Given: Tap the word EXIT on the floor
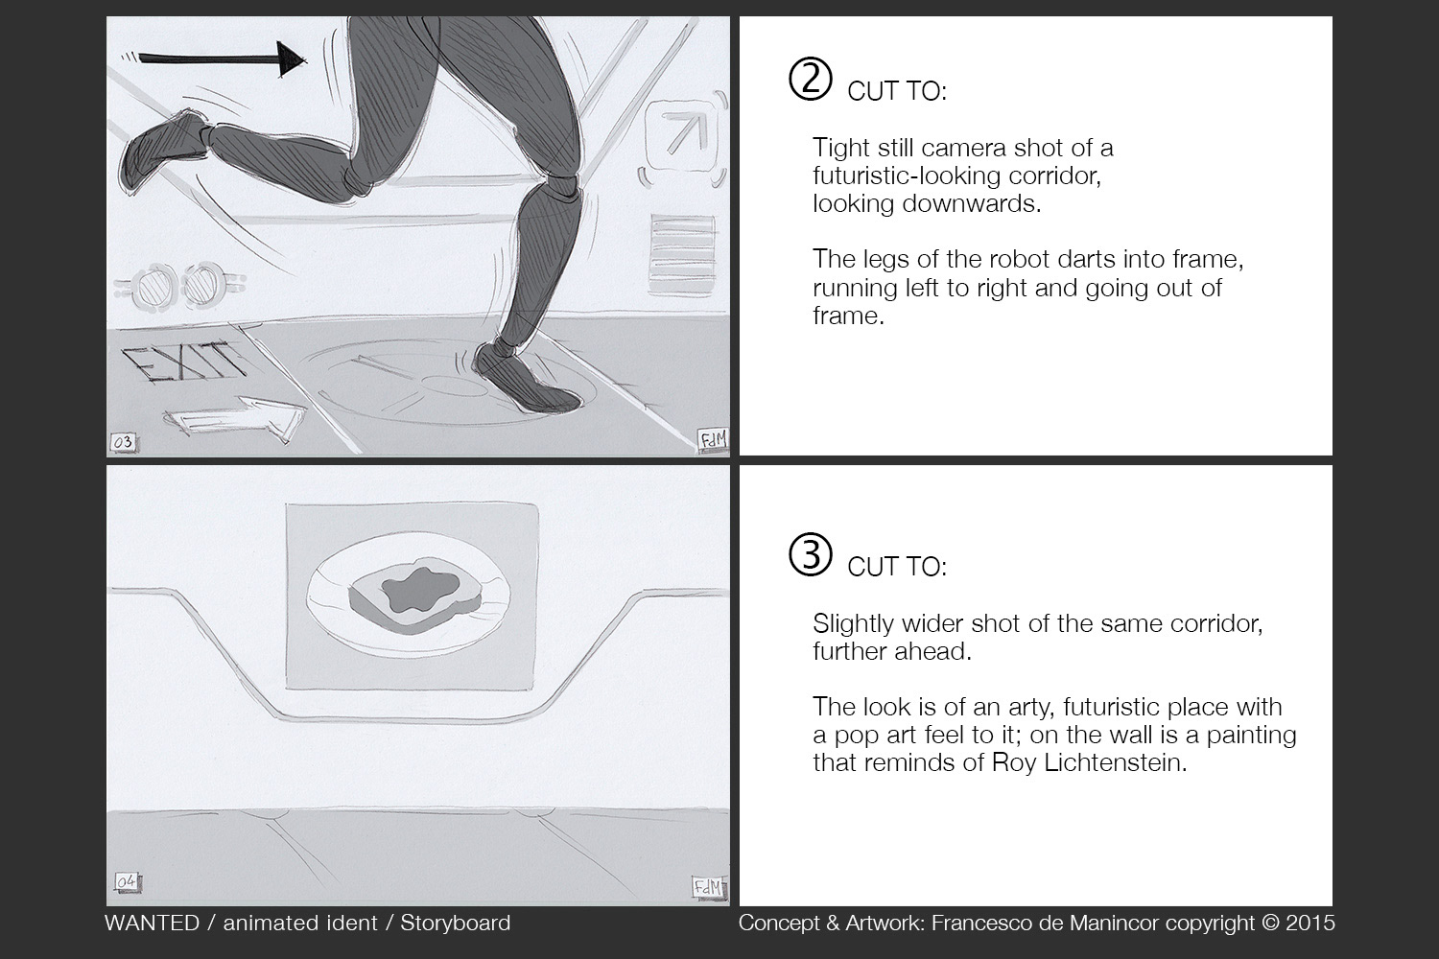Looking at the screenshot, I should click(x=185, y=362).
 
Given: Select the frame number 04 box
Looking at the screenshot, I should click(x=126, y=880).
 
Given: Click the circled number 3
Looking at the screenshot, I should click(x=811, y=555).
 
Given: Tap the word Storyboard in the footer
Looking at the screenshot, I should click(x=455, y=923).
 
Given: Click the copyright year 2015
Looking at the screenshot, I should click(x=1310, y=923).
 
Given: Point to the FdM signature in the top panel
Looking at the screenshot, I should click(x=713, y=440).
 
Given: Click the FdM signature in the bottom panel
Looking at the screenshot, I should click(x=707, y=887).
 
